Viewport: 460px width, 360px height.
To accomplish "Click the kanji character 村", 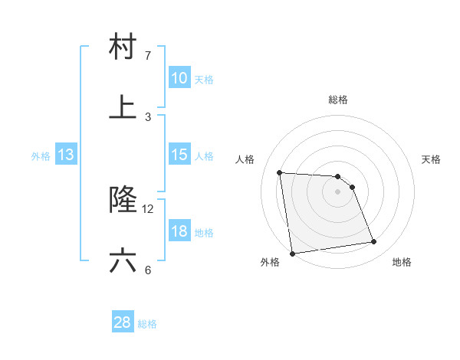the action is [x=123, y=48].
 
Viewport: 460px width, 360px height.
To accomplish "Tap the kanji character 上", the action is [x=123, y=107].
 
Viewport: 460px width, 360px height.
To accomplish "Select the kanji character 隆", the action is [x=123, y=200].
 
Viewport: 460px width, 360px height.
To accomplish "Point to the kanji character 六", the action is [x=123, y=261].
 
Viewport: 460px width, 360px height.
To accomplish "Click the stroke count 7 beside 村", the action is [x=147, y=56].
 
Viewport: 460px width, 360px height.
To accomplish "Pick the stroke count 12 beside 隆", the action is [x=148, y=208].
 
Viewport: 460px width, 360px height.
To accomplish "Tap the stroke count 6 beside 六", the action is [x=147, y=270].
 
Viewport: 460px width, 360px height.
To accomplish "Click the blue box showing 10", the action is [x=179, y=78].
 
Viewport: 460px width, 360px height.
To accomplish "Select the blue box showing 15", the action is [x=179, y=155].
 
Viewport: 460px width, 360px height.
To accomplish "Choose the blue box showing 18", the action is [x=179, y=231].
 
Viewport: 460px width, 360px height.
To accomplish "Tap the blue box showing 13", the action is [x=66, y=155].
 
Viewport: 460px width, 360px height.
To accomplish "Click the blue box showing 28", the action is [x=123, y=322].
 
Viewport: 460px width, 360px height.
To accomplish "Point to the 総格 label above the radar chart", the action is [x=338, y=100].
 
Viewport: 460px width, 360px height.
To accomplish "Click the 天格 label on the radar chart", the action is [x=432, y=159].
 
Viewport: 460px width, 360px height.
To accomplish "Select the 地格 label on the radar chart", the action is [x=402, y=262].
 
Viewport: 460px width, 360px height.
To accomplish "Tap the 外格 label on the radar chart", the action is [x=270, y=262].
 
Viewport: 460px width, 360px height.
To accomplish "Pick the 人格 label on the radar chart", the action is [x=245, y=159].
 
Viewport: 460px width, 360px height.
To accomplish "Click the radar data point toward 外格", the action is [x=292, y=253].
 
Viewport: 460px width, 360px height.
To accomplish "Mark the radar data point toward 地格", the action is [x=374, y=242].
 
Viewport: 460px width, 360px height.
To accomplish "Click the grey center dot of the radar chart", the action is [x=338, y=191].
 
